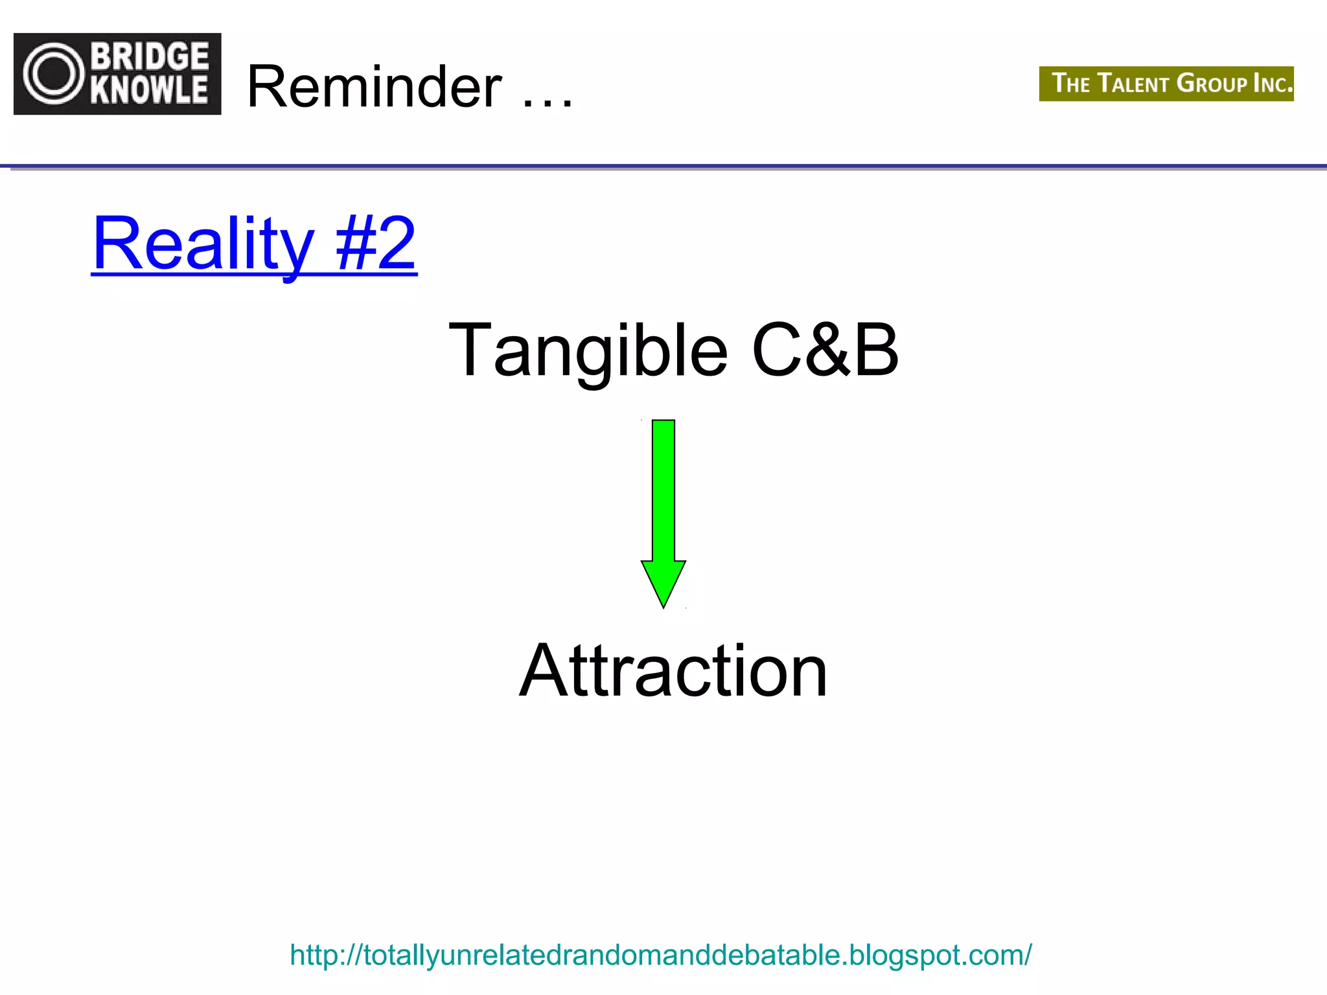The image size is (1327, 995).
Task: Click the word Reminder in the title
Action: (375, 87)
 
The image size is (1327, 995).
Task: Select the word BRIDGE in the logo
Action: (150, 56)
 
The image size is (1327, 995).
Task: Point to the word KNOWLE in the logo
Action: (150, 90)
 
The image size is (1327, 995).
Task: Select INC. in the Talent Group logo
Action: (1273, 84)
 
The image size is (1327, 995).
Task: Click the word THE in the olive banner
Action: (1071, 84)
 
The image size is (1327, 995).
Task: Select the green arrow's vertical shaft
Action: (663, 489)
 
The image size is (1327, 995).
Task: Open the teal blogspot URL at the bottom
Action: (660, 955)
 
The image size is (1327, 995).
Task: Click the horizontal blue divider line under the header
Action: (663, 166)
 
